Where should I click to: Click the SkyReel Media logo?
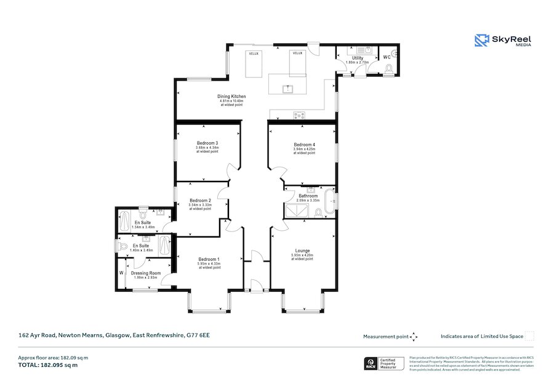(503, 41)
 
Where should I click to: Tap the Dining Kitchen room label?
(231, 97)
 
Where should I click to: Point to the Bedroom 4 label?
(305, 145)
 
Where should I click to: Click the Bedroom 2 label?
(201, 201)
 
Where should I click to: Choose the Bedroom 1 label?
(209, 260)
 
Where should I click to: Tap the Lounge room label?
(302, 250)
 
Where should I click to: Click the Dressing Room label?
(146, 273)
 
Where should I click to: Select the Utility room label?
(358, 58)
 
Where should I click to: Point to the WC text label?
(387, 57)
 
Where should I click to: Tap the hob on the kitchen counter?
(300, 114)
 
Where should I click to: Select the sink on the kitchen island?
(287, 89)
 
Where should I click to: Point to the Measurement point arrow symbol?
(414, 337)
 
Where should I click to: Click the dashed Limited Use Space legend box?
(529, 336)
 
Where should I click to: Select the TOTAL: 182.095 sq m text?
(48, 366)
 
